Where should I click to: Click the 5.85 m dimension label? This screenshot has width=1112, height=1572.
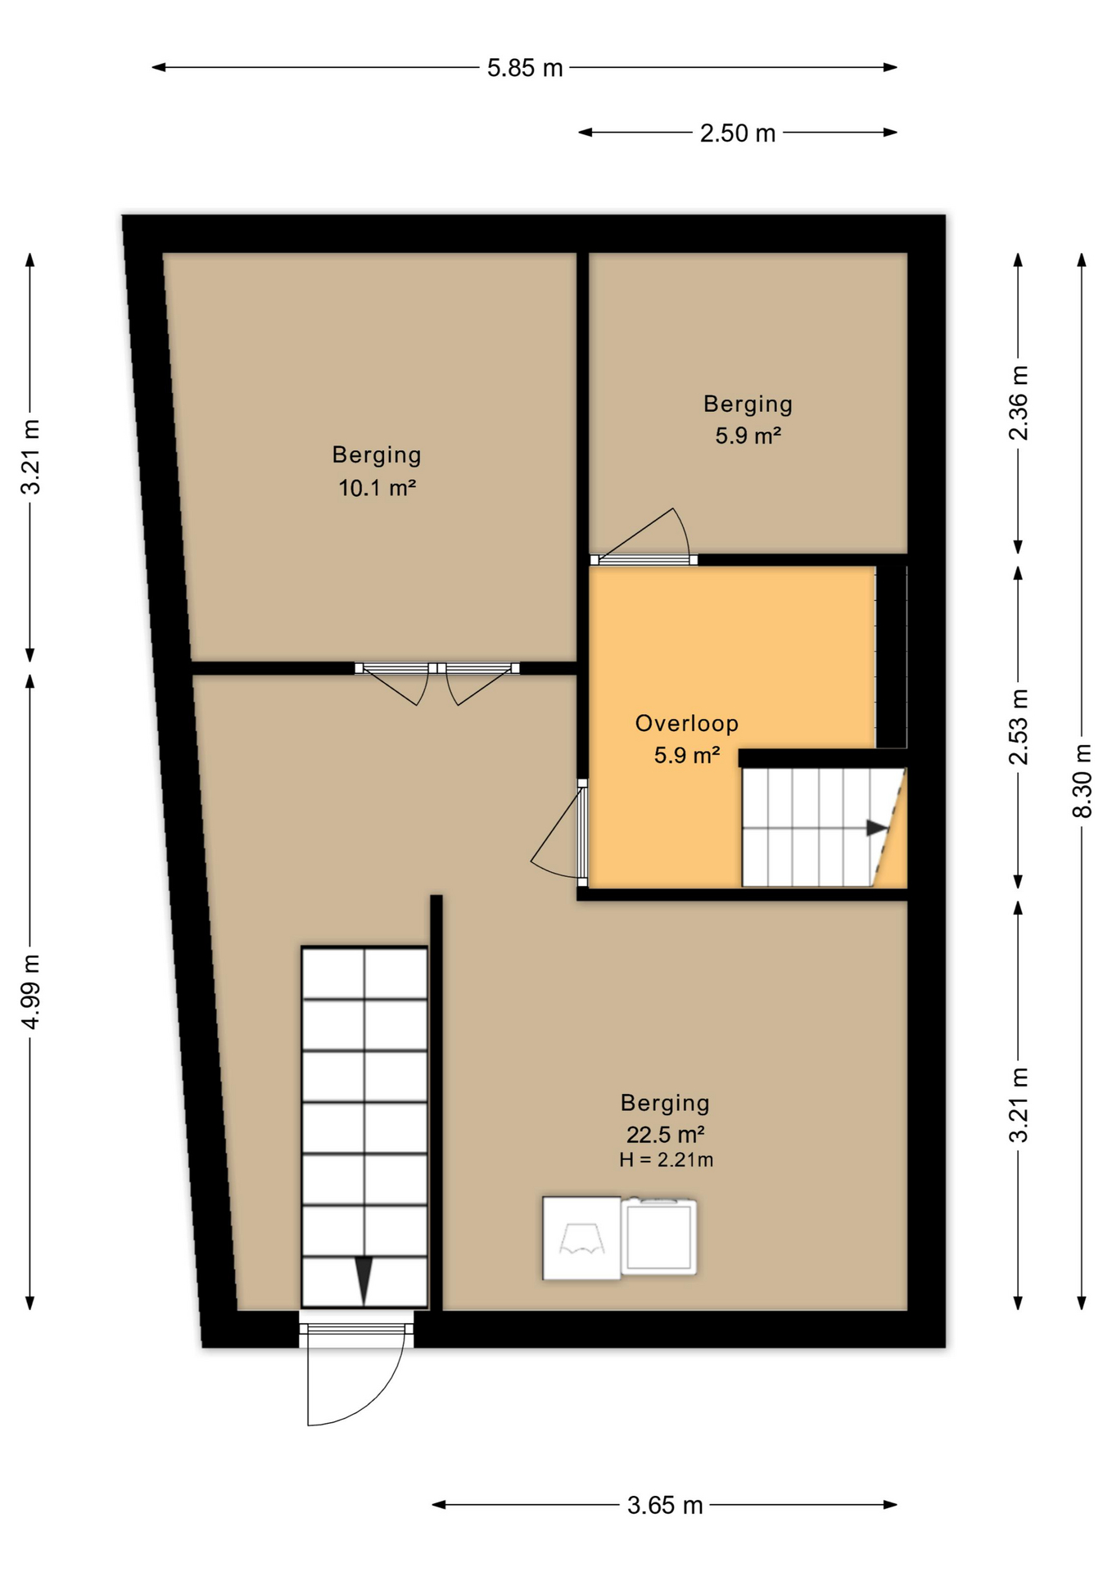[525, 68]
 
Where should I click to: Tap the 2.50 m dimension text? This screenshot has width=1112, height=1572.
[737, 133]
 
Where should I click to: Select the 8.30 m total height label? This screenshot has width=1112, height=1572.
[1082, 780]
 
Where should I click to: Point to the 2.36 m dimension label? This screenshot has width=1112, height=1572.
[1018, 403]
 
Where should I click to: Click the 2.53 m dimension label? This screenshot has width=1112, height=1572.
[1018, 727]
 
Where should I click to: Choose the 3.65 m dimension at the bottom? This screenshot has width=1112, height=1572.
[665, 1505]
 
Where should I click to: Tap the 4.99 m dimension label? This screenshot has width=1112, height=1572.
[30, 992]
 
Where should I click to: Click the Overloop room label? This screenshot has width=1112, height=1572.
[687, 723]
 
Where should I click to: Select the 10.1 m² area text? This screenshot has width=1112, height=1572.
[377, 488]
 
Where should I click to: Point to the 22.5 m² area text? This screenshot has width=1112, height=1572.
[666, 1134]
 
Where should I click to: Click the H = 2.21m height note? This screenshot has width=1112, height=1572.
[666, 1159]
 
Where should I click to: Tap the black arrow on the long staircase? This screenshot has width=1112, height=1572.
[364, 1280]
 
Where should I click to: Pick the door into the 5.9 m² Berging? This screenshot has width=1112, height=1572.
[644, 536]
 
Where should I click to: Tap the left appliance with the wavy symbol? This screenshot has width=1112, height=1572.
[581, 1238]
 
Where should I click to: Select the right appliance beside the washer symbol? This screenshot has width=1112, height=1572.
[658, 1237]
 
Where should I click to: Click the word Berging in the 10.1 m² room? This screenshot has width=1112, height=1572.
[377, 455]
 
